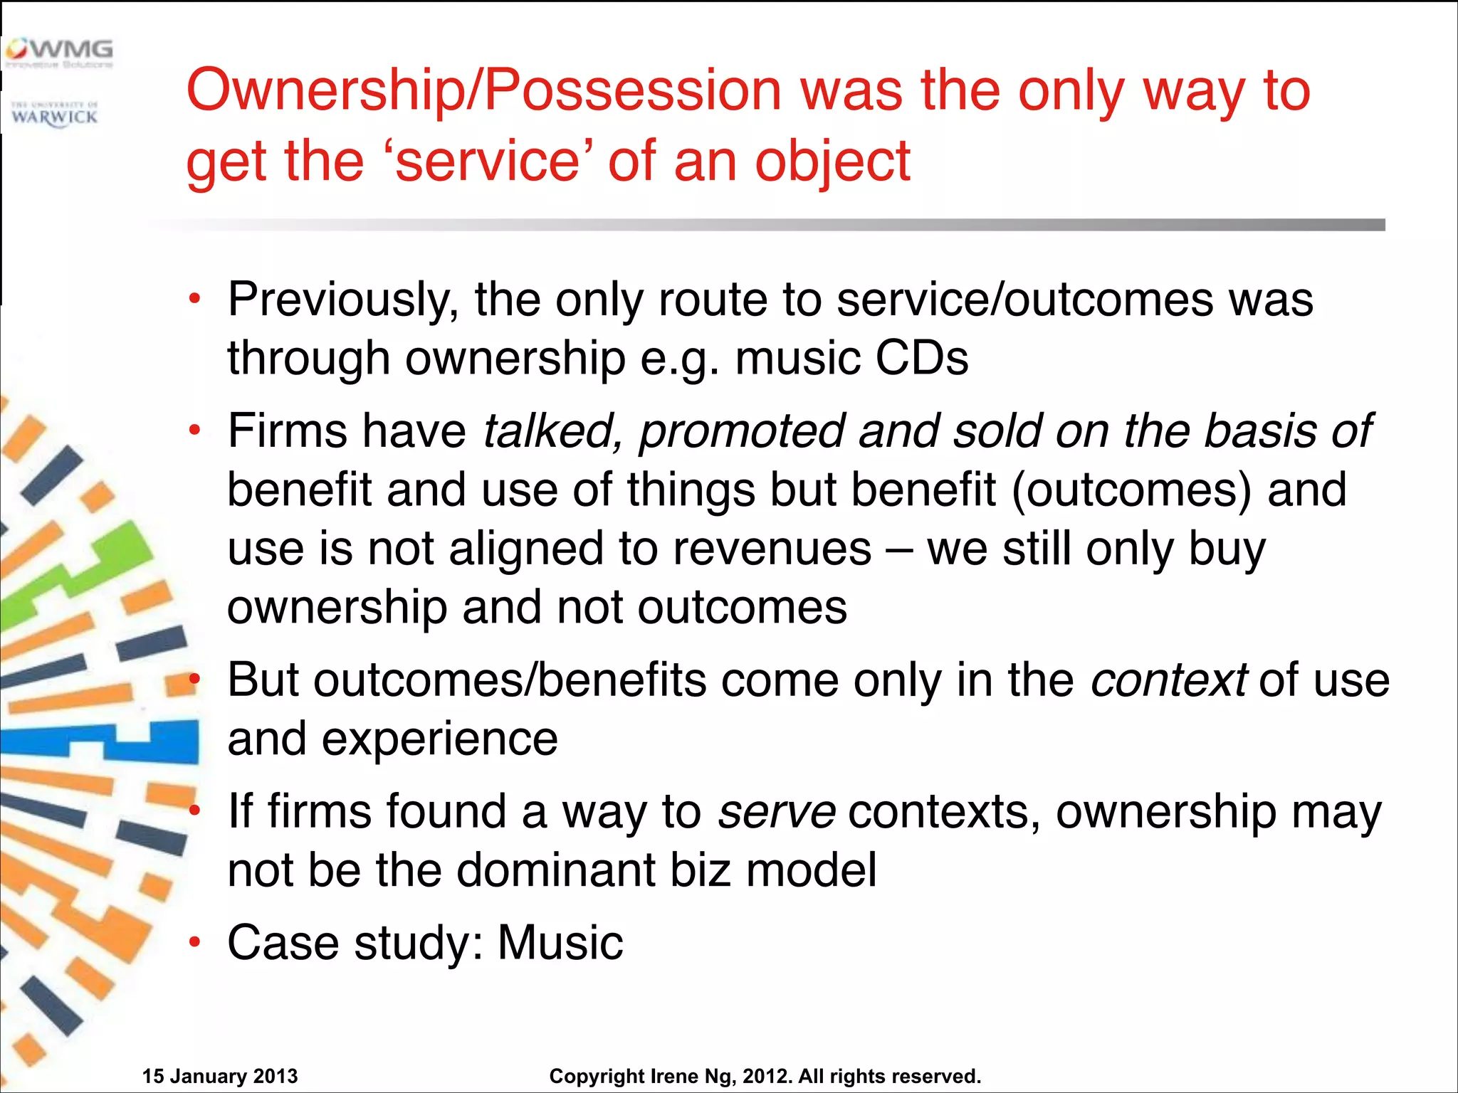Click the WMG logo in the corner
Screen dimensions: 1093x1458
(x=58, y=53)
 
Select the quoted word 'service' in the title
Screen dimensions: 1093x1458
(x=488, y=162)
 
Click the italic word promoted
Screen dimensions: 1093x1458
(x=741, y=431)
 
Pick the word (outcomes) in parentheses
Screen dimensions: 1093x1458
(x=1131, y=490)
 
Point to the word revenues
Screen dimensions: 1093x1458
(x=772, y=549)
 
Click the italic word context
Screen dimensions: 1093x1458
(x=1168, y=680)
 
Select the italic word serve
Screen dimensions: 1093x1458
(x=777, y=812)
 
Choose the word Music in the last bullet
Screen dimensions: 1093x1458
(x=560, y=943)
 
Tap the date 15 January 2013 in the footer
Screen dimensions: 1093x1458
(x=220, y=1076)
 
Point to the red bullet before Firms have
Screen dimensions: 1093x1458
(x=194, y=431)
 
